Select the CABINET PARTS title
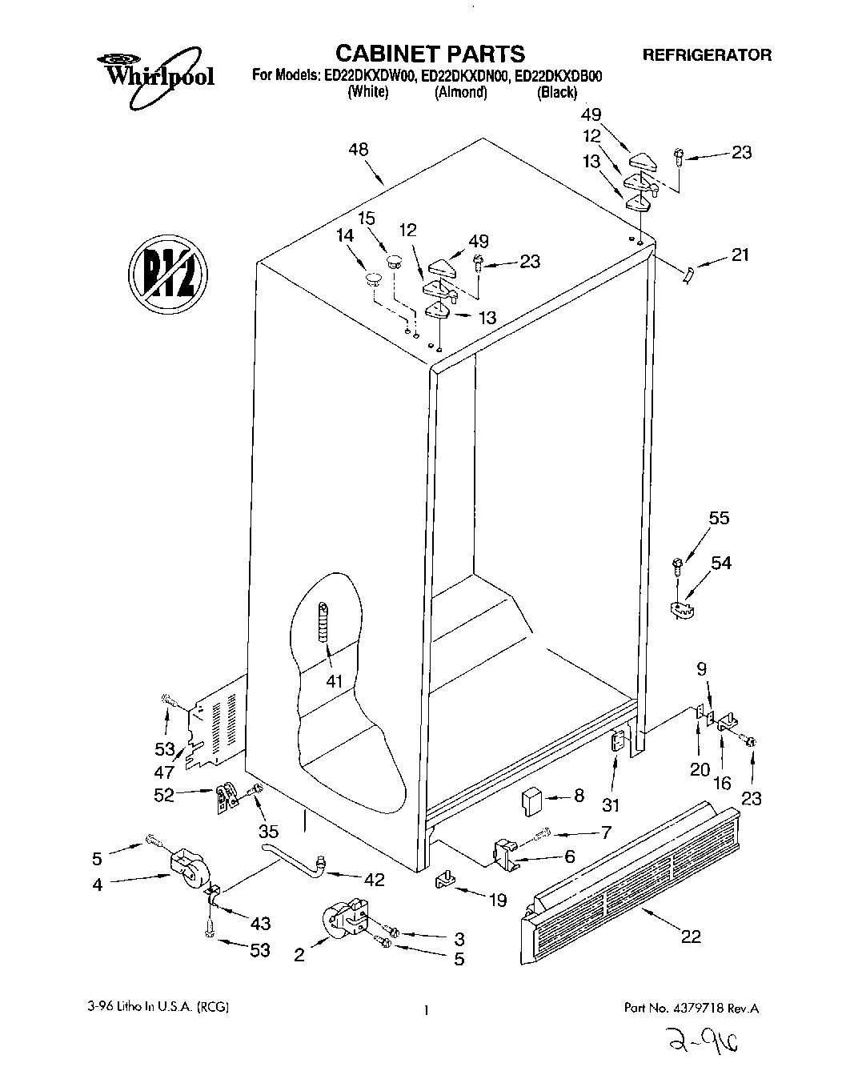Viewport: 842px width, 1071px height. point(429,54)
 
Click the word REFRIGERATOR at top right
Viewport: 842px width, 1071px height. point(707,55)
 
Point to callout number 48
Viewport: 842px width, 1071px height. point(359,150)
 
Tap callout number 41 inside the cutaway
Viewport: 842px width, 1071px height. point(334,681)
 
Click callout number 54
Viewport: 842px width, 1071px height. point(720,563)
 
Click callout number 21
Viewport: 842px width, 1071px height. point(740,255)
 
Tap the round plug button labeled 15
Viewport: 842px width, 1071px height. point(393,261)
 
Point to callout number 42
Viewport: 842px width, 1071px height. point(374,880)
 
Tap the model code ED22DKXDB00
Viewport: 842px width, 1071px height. point(558,77)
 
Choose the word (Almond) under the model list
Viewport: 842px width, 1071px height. point(460,93)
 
